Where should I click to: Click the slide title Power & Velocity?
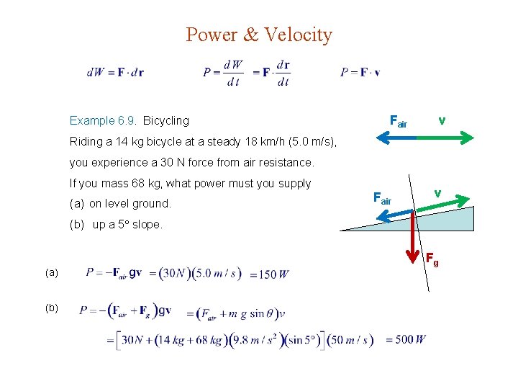(259, 35)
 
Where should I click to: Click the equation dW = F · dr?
(115, 72)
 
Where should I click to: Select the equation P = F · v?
(360, 72)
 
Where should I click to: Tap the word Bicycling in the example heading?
(166, 120)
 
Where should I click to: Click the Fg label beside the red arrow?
(432, 257)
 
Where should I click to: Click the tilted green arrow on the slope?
(442, 202)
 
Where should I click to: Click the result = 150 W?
(269, 274)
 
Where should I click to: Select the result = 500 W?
(406, 339)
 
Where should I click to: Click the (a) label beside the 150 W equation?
(50, 273)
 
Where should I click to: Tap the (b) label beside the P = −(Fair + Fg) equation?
(50, 308)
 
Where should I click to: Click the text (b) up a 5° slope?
(117, 224)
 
